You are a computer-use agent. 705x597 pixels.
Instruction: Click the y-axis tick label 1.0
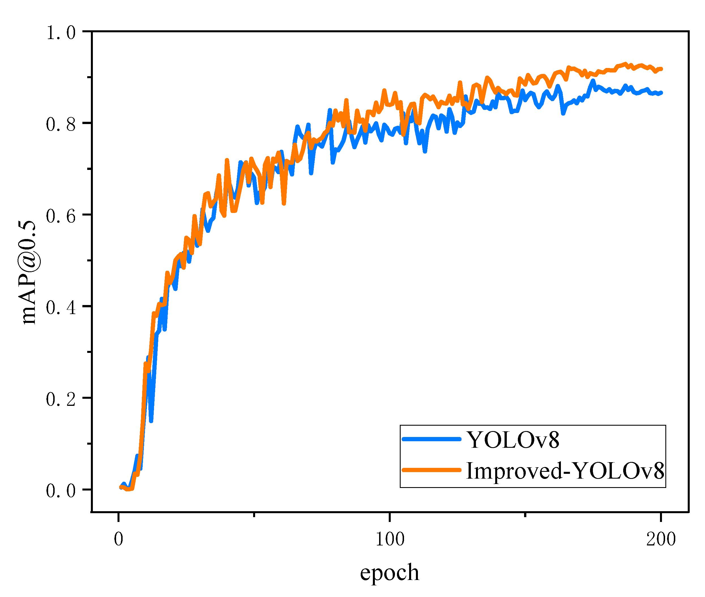61,33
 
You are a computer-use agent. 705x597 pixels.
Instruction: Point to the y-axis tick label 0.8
61,125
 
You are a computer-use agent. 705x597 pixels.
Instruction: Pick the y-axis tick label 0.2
61,399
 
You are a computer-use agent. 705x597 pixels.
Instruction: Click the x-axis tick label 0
118,539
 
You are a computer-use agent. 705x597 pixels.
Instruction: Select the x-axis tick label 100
390,539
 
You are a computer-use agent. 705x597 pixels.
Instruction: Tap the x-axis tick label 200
661,539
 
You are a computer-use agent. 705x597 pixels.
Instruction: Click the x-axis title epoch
389,572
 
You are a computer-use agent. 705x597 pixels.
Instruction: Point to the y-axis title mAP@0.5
28,272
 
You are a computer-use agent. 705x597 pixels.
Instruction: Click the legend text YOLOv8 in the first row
512,440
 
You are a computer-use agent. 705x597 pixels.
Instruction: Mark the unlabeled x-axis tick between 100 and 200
525,514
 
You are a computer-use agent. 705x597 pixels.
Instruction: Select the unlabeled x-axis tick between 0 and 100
254,514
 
